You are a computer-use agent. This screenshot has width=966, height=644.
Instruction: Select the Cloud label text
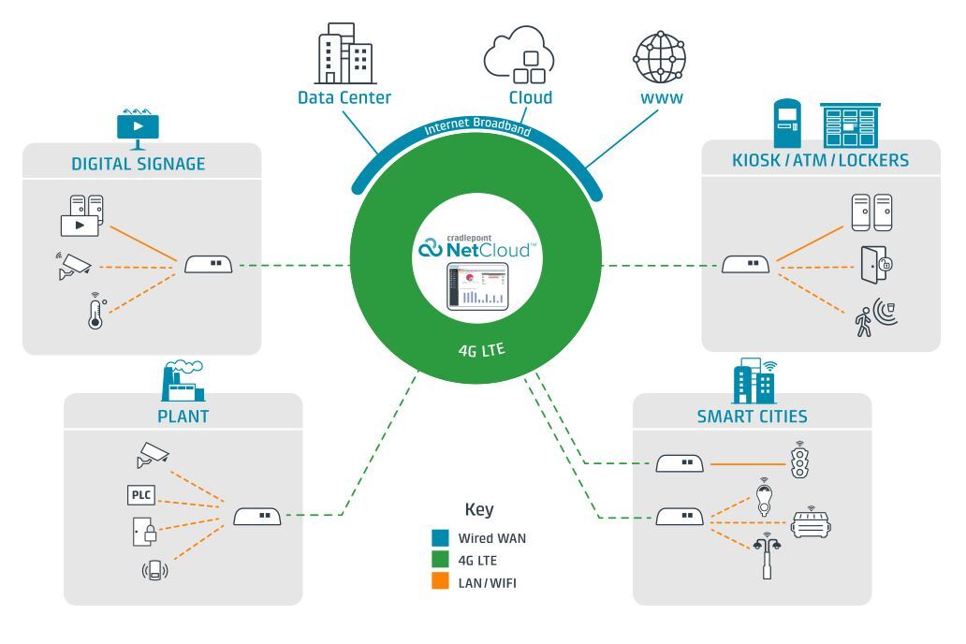tap(530, 97)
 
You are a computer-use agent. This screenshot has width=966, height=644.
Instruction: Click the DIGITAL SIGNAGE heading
tap(138, 165)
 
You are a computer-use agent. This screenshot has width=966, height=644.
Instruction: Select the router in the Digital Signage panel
tap(209, 265)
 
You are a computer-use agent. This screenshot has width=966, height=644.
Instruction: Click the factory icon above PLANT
tap(181, 382)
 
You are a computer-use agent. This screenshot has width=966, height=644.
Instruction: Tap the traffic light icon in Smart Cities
tap(798, 461)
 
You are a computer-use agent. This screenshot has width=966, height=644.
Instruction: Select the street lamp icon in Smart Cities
tap(765, 558)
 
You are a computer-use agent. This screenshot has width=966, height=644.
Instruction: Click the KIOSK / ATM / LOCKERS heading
tap(820, 160)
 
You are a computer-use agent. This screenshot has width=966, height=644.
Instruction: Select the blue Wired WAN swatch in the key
tap(439, 538)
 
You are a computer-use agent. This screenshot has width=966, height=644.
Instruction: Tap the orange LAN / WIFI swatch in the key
tap(439, 582)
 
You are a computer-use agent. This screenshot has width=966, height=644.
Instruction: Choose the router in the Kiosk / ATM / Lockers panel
tap(745, 265)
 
